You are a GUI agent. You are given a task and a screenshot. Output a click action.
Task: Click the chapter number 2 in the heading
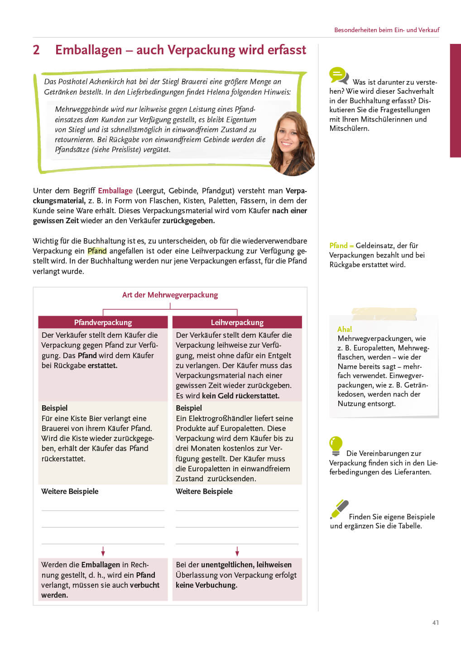click(36, 50)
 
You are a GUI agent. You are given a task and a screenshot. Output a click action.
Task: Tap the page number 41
click(435, 623)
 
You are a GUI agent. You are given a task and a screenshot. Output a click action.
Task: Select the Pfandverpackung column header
click(103, 322)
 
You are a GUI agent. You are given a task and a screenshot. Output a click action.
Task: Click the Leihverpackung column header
click(237, 322)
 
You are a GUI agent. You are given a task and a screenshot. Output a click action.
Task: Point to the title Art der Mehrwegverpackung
click(170, 295)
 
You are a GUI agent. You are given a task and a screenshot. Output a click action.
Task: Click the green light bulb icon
click(336, 446)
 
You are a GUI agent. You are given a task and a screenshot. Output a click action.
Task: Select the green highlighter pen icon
click(339, 509)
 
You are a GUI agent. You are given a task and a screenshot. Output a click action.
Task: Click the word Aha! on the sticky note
click(345, 329)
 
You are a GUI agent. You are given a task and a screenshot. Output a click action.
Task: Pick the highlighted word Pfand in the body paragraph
click(97, 251)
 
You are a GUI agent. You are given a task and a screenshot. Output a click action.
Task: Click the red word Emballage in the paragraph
click(115, 191)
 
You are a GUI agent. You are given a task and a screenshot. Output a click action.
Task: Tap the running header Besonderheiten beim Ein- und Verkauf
click(387, 30)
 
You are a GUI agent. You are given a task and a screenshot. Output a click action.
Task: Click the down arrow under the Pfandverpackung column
click(103, 551)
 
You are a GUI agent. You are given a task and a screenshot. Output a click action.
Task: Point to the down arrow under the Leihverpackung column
click(237, 551)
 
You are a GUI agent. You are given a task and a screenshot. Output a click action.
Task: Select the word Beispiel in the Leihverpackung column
click(189, 408)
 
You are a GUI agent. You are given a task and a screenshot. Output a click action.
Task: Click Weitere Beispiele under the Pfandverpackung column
click(70, 491)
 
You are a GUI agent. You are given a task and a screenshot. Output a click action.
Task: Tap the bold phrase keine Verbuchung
click(206, 585)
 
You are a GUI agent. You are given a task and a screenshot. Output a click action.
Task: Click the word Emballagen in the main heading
click(89, 50)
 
